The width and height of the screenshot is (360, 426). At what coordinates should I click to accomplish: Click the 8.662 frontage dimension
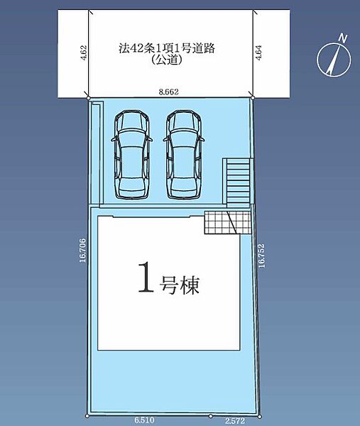[x=169, y=92]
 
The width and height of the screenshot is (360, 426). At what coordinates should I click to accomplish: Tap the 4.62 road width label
[x=84, y=53]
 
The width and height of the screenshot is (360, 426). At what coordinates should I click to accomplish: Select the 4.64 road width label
[x=258, y=53]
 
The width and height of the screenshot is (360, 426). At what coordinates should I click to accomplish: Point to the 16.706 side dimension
[x=82, y=250]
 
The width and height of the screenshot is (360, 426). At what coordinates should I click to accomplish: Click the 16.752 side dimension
[x=261, y=256]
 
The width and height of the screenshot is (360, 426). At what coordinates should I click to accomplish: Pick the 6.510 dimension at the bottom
[x=144, y=420]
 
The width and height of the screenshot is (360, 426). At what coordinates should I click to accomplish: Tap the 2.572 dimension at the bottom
[x=235, y=421]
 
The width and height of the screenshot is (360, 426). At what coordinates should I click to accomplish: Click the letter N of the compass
[x=343, y=38]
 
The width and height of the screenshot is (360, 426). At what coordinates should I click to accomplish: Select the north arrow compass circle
[x=334, y=59]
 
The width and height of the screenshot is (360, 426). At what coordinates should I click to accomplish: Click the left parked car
[x=132, y=154]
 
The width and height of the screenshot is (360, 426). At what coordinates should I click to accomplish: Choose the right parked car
[x=184, y=154]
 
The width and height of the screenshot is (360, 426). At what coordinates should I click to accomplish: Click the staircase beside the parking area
[x=238, y=181]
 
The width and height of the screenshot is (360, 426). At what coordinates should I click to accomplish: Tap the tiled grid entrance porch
[x=228, y=222]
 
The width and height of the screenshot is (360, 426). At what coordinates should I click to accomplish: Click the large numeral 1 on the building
[x=146, y=277]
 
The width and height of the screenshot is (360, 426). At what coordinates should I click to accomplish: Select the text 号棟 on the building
[x=180, y=285]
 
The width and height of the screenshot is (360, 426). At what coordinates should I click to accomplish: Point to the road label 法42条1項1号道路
[x=167, y=48]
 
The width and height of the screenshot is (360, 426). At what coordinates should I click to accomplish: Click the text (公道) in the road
[x=167, y=60]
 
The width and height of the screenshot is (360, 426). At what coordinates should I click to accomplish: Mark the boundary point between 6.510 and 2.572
[x=210, y=416]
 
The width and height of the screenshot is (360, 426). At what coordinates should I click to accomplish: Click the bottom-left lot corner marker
[x=87, y=416]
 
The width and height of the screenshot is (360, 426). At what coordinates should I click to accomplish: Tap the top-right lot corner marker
[x=253, y=98]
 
